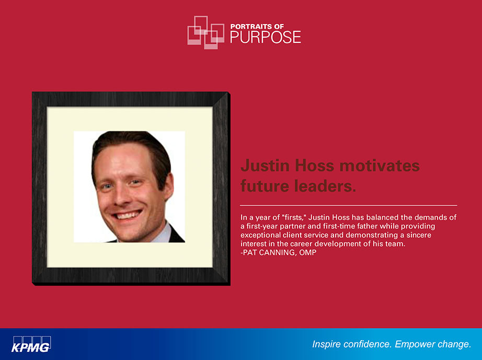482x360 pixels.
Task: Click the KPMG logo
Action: click(x=31, y=344)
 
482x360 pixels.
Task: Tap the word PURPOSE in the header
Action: click(x=266, y=37)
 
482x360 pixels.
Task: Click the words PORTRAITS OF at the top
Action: click(x=257, y=27)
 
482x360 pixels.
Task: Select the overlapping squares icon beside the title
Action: click(x=205, y=32)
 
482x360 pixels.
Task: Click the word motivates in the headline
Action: click(x=380, y=166)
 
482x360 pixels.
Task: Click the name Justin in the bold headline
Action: click(x=265, y=166)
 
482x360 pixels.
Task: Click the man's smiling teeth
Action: click(x=128, y=215)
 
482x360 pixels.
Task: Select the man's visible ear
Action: click(x=168, y=186)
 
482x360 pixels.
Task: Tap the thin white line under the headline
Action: click(x=349, y=205)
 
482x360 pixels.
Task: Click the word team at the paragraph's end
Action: click(x=396, y=244)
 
